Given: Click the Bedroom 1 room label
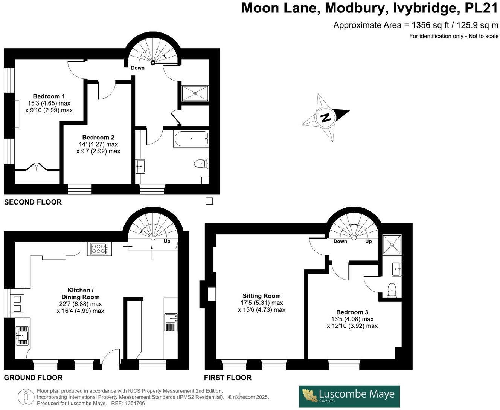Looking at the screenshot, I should click(x=49, y=96).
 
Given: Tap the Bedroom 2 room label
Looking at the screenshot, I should click(x=98, y=138).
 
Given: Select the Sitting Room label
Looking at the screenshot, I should click(x=261, y=296).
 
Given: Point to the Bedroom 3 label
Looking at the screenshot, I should click(x=352, y=312).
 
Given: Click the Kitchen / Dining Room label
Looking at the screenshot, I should click(x=80, y=294).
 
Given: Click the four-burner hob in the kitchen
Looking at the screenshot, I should click(x=99, y=249).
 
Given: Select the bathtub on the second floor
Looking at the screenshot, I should click(x=191, y=139).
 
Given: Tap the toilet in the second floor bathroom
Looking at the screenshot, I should click(x=201, y=164).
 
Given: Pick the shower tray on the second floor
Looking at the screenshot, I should click(x=195, y=93).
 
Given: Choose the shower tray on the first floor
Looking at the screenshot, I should click(x=392, y=244).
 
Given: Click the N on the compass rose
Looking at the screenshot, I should click(x=325, y=118).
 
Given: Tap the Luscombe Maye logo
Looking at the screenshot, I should click(x=349, y=396).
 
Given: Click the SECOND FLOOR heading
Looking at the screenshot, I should click(x=33, y=202).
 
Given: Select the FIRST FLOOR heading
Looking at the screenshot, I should click(x=227, y=378).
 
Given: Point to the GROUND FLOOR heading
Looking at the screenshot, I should click(x=33, y=378).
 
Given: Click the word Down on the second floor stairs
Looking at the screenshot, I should click(x=137, y=68).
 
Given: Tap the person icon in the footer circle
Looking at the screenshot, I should click(x=26, y=397).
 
